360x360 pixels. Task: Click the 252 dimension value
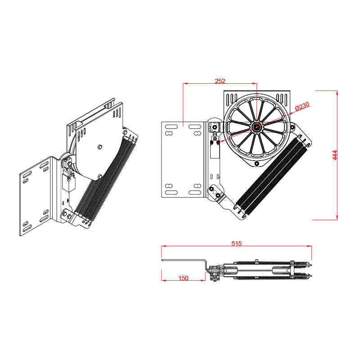click(220, 81)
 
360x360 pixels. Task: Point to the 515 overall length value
click(237, 243)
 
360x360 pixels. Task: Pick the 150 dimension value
click(183, 278)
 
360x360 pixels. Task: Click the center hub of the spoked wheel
click(257, 127)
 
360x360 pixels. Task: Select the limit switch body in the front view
click(214, 148)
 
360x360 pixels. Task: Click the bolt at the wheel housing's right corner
click(292, 127)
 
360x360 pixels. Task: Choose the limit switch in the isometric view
click(69, 180)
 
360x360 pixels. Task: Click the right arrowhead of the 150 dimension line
click(204, 280)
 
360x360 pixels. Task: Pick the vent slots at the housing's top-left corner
click(231, 98)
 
